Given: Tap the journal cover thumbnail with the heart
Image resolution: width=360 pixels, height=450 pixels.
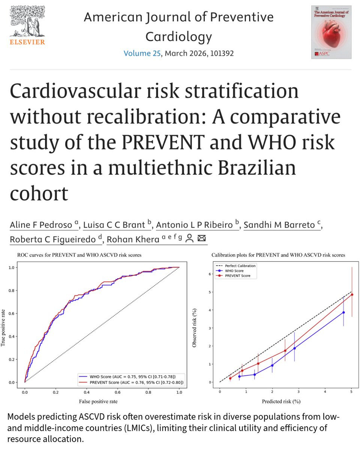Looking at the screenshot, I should [x=331, y=32].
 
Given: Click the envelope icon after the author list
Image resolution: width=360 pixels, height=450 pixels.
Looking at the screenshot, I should [x=201, y=238].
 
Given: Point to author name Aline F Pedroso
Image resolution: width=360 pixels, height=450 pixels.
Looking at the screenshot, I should [x=41, y=225].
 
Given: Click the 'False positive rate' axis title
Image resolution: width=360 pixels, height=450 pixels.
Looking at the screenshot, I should [x=99, y=401].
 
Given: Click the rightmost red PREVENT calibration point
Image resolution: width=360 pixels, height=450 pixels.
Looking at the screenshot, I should [x=352, y=295].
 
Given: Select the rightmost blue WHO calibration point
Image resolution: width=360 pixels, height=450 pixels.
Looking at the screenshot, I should [x=343, y=312].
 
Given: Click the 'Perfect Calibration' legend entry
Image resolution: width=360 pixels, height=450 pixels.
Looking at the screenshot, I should [x=240, y=266].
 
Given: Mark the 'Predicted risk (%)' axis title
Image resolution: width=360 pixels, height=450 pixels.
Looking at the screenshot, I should [x=282, y=401].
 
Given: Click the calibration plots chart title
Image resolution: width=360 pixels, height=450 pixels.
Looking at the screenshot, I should [x=278, y=255].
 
